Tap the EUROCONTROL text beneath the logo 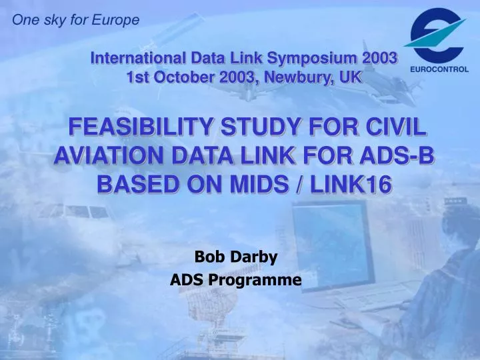[x=438, y=69]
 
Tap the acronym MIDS [x=265, y=183]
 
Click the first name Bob [x=207, y=256]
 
